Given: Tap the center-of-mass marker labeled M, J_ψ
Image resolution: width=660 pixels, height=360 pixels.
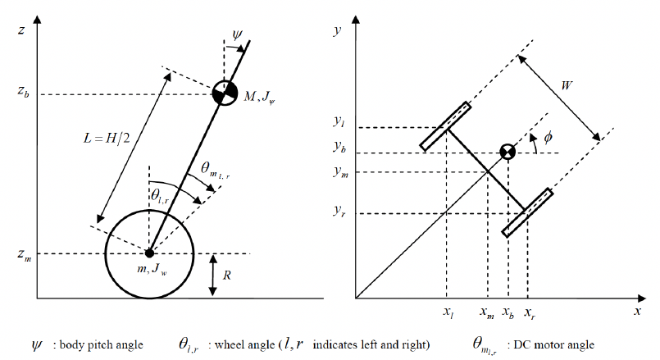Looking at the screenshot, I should point(222,93).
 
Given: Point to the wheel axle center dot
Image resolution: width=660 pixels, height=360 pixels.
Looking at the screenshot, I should point(148,252).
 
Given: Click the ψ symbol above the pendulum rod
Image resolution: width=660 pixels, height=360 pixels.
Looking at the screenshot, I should point(238,37).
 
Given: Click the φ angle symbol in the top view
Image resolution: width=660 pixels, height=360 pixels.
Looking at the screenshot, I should point(547,139).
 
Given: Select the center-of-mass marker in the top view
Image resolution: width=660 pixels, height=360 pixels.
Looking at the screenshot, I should point(508,153).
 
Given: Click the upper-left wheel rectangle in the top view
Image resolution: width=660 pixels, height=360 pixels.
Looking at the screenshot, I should point(446,126).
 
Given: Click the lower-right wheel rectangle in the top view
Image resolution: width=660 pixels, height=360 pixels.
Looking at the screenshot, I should point(527,212).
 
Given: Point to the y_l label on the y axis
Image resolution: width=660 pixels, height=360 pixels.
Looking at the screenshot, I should point(339,123).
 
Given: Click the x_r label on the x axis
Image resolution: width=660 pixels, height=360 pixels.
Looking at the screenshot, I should point(530,312).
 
